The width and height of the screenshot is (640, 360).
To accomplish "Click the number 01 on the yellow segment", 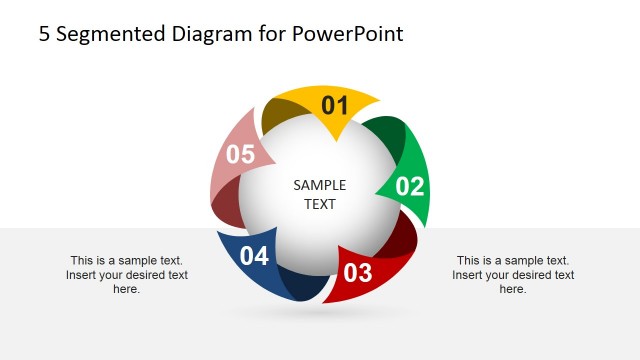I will [x=334, y=106].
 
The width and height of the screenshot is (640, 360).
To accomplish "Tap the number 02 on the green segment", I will [x=410, y=186].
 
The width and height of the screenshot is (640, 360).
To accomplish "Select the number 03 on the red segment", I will [x=357, y=272].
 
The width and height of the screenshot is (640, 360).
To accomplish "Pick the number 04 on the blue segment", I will [x=254, y=257].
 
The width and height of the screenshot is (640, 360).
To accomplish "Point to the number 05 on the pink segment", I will [x=241, y=155].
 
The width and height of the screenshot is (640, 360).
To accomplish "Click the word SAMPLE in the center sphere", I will [x=320, y=185].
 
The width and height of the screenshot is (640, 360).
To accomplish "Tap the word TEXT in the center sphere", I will [x=320, y=204].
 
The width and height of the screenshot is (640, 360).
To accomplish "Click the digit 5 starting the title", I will [x=44, y=34].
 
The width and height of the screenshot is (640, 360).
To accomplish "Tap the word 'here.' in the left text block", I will [x=126, y=289].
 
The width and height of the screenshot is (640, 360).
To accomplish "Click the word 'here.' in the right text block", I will [x=512, y=289].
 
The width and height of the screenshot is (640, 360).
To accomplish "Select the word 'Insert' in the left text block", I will [x=83, y=275].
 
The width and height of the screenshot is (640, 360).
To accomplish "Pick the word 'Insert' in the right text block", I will [x=469, y=275].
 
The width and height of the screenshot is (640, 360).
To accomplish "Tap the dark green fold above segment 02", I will [x=387, y=135].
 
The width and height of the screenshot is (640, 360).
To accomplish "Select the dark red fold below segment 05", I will [x=227, y=206].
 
